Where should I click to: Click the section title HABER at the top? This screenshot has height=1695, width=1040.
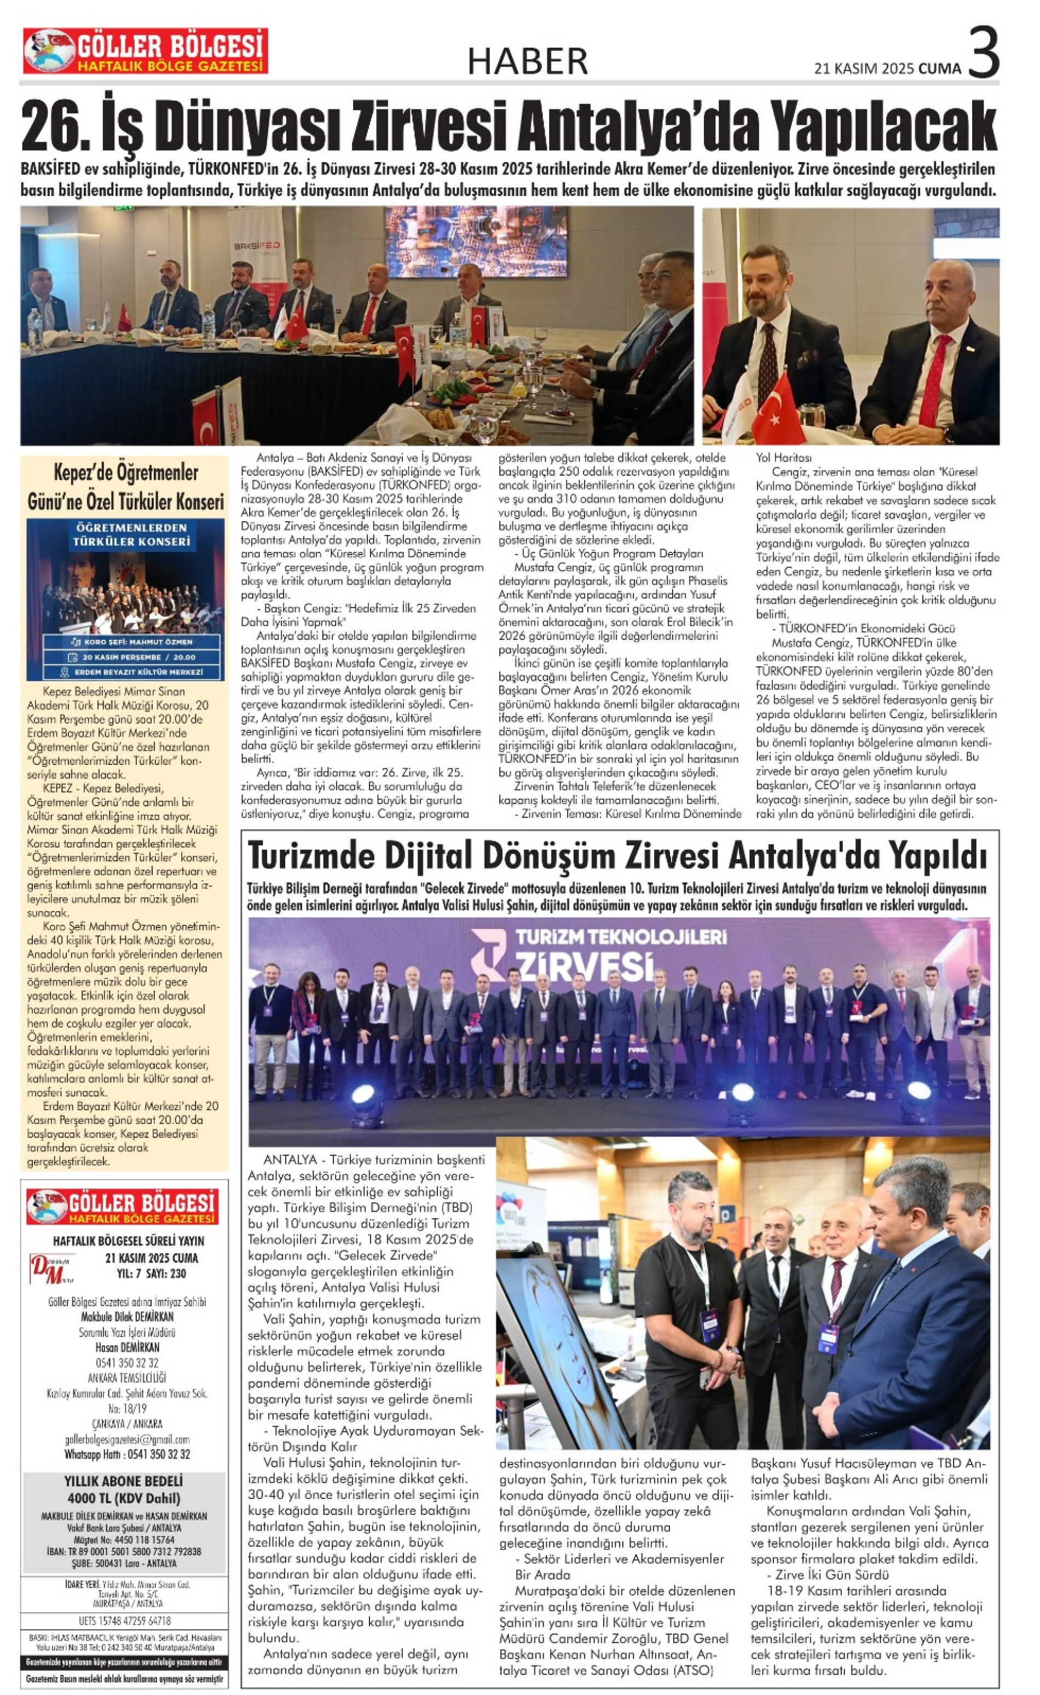coord(528,61)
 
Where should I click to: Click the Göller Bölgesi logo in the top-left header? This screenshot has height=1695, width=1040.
coord(145,51)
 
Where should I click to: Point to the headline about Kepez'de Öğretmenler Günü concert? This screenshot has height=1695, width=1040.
coord(125,486)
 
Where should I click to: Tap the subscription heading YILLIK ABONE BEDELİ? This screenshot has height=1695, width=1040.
coord(124,1481)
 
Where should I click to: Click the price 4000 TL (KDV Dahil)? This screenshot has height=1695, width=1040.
coord(124,1498)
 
